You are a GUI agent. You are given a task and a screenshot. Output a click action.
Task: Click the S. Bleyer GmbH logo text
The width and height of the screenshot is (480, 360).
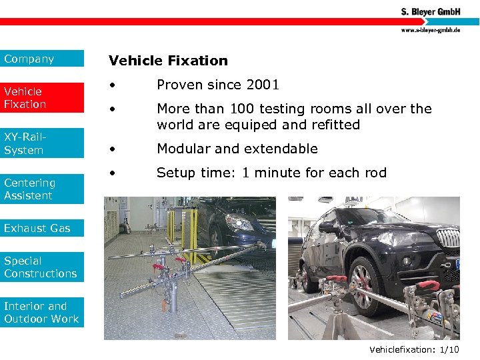(x=431, y=11)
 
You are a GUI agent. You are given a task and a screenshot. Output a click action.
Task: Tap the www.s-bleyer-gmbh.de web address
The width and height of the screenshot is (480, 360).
(x=431, y=30)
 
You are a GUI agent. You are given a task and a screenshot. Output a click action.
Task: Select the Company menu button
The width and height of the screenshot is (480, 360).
(x=42, y=59)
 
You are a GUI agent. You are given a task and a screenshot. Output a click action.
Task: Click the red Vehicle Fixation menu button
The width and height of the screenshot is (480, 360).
(x=42, y=97)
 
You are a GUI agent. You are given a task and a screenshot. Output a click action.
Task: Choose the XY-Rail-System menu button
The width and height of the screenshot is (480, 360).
(x=42, y=143)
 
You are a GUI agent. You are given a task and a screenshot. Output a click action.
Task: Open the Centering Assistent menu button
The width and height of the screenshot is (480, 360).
(x=42, y=189)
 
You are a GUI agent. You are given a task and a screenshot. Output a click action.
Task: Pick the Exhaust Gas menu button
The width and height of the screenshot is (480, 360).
(x=42, y=228)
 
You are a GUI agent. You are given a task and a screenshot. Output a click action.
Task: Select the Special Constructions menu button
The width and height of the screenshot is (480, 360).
(x=42, y=267)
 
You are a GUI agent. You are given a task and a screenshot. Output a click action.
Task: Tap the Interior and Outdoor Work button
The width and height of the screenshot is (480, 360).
(x=42, y=312)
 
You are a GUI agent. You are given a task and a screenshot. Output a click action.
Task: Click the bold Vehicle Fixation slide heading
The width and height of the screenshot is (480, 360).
(x=168, y=61)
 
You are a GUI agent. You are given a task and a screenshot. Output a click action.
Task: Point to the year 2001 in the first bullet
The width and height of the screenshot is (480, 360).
(x=263, y=85)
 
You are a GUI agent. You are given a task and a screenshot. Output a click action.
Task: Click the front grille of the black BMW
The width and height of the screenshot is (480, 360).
(x=448, y=238)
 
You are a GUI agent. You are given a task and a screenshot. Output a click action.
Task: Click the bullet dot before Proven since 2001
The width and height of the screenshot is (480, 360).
(x=115, y=85)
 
